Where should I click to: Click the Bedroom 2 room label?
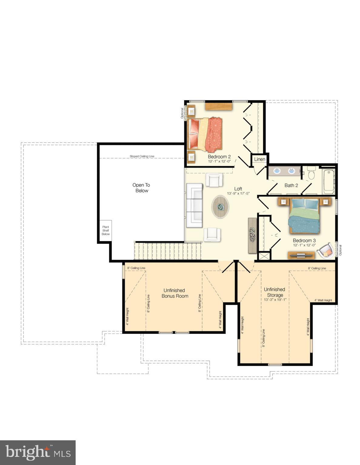tap(219, 157)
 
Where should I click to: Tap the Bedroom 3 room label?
tap(304, 240)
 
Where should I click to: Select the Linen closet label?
tap(259, 159)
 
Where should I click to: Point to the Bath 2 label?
tap(291, 185)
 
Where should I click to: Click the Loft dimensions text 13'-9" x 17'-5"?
tap(238, 193)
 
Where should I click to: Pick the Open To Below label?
tap(141, 188)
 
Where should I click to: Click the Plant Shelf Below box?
tap(105, 230)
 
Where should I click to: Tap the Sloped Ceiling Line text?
tap(142, 156)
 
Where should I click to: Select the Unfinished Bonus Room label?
tap(175, 293)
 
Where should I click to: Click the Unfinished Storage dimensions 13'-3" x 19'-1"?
tap(275, 300)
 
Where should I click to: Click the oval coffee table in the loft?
tap(220, 206)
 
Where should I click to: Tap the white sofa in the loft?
tap(194, 205)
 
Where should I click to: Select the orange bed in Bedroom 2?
tap(205, 135)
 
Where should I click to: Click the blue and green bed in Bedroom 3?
tap(304, 216)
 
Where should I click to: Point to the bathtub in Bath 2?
tap(328, 181)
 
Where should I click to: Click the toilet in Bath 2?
tap(311, 173)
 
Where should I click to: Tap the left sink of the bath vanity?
tap(277, 171)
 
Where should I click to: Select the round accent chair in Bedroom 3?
tap(325, 250)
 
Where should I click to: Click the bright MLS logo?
tap(38, 453)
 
